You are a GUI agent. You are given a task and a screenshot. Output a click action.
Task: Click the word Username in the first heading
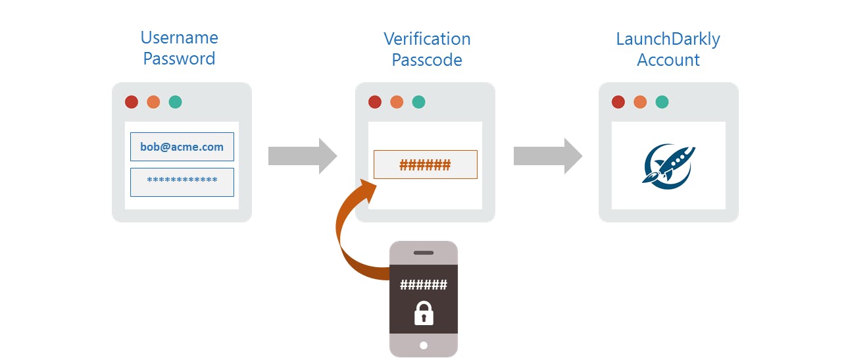coord(179,38)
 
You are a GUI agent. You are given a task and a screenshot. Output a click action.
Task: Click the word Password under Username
coord(179,59)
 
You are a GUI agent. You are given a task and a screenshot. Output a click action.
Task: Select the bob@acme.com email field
coord(182,147)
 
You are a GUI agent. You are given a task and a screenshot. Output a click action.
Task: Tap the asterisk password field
coord(182,182)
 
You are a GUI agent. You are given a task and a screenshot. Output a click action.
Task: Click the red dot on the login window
coord(132,102)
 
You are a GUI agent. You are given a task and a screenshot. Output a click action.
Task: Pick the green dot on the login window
coord(175,102)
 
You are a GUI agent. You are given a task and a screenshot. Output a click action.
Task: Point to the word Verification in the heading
coord(427,39)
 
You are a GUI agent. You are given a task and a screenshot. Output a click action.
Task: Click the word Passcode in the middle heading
coord(427,60)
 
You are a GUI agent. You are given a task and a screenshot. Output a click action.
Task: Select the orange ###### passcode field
coord(426,165)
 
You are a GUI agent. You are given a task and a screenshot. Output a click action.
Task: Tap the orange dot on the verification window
coord(397,102)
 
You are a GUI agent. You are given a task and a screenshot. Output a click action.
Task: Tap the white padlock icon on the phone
coord(424,313)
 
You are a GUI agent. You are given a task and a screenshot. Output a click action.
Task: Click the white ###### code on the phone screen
coord(424,285)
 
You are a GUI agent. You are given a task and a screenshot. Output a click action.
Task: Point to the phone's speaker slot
coord(424,253)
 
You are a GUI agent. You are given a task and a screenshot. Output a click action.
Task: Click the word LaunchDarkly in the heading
coord(668,39)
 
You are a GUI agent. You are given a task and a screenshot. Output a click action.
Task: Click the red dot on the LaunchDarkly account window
coord(618,102)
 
